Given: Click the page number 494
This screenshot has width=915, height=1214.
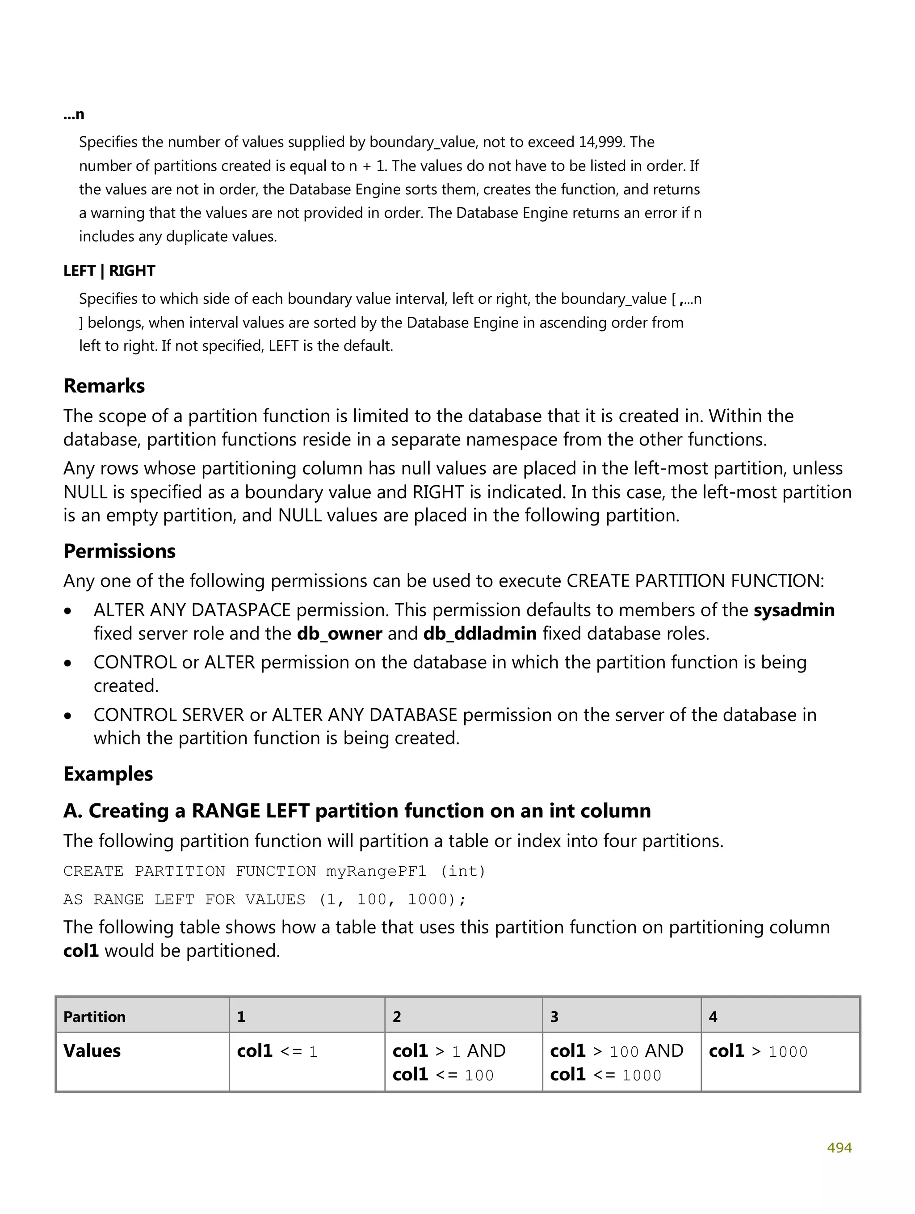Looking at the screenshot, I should (839, 1147).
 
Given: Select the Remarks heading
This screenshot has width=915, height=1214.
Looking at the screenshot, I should (104, 386).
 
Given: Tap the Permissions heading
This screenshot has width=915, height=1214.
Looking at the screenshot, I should (120, 551).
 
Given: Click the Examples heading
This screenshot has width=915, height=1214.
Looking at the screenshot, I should (108, 774).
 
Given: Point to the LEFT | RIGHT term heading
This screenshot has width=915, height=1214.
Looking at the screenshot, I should (109, 271).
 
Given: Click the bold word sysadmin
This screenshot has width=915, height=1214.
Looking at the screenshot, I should (793, 610).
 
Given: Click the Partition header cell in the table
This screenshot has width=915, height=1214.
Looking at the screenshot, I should (94, 1017).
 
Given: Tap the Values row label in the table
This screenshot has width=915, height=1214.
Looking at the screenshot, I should (92, 1050).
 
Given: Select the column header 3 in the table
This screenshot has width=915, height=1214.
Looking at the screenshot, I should (554, 1017).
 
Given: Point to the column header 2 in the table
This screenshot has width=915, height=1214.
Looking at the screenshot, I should (397, 1017).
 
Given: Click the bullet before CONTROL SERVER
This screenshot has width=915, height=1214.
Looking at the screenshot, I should (68, 716).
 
